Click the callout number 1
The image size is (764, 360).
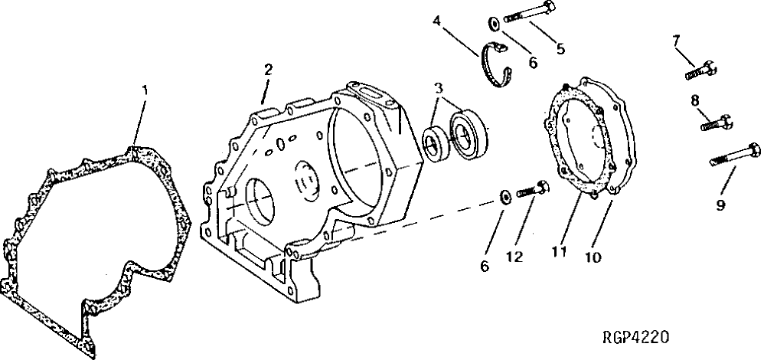(145, 90)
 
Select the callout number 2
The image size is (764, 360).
(268, 69)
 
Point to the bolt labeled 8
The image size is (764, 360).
(717, 120)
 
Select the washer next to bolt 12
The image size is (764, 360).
(504, 198)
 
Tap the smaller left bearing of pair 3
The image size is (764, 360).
(436, 145)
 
